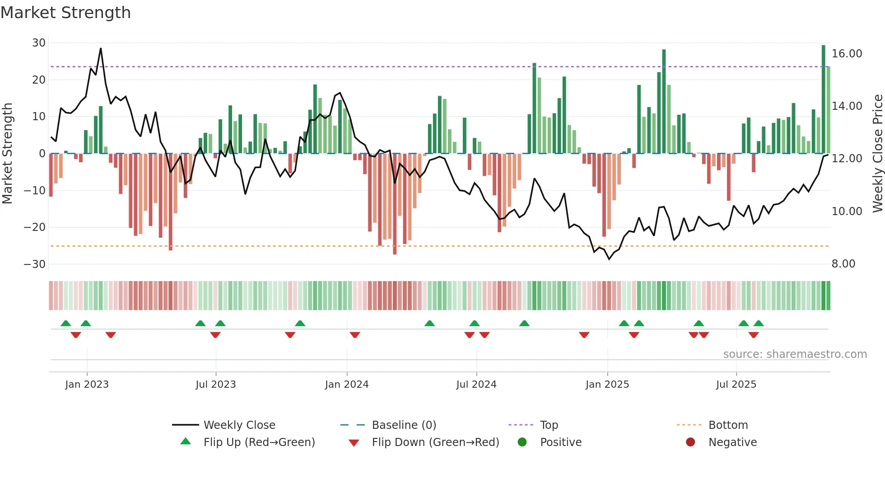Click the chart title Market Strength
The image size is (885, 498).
65,13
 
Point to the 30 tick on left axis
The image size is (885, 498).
39,43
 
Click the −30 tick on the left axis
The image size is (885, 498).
35,264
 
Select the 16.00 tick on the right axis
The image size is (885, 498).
847,54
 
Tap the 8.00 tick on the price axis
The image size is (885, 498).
843,264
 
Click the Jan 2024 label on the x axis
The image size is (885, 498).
346,385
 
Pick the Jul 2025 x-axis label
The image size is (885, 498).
736,385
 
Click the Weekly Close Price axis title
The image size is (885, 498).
877,154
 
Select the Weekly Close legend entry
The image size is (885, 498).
239,425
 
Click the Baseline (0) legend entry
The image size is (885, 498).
404,425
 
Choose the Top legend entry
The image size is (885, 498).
549,425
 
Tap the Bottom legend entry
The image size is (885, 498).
728,425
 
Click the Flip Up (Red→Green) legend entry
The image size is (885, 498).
259,442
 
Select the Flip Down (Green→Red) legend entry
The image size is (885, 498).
435,442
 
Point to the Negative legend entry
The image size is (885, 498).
732,442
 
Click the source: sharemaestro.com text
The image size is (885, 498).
795,354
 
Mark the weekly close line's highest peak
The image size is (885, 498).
101,48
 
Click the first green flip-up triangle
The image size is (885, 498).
66,323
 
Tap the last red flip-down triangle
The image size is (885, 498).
753,335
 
